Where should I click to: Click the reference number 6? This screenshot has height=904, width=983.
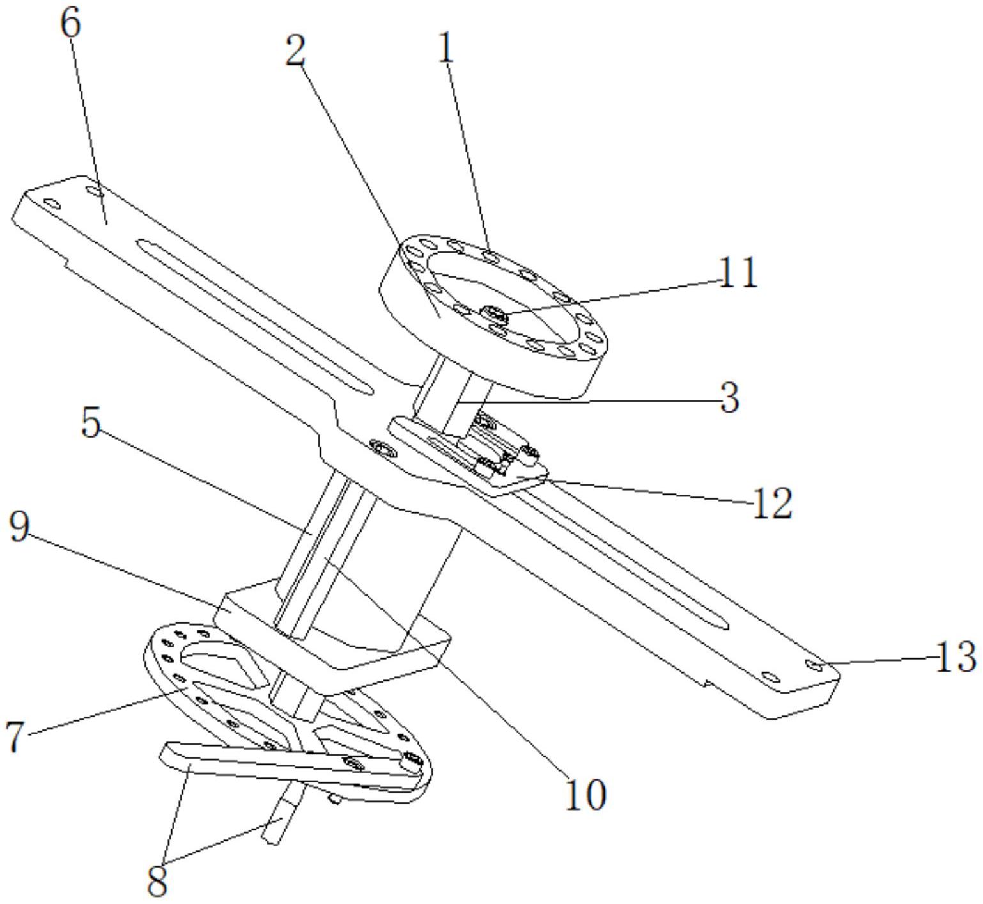click(71, 24)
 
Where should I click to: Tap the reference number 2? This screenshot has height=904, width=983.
click(295, 51)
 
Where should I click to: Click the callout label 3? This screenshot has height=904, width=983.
click(729, 398)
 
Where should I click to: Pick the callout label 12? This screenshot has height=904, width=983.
click(772, 503)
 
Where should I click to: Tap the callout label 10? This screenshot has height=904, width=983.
click(585, 795)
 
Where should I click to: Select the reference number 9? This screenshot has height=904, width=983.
click(19, 528)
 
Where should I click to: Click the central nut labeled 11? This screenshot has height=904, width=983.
click(495, 313)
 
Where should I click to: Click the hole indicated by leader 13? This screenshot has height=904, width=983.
click(814, 665)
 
